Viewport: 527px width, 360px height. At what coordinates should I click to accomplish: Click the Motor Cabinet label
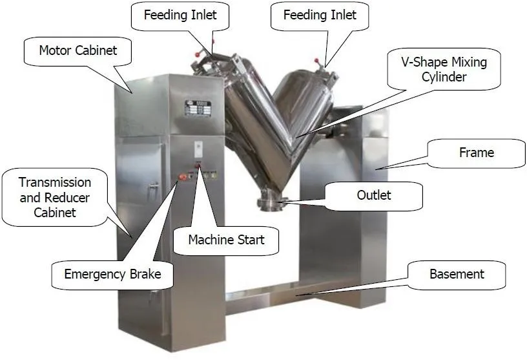pyautogui.click(x=78, y=50)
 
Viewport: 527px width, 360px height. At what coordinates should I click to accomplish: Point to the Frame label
pyautogui.click(x=477, y=153)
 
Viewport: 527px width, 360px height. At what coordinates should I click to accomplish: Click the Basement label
pyautogui.click(x=457, y=274)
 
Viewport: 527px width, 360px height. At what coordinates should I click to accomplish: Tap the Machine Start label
pyautogui.click(x=226, y=240)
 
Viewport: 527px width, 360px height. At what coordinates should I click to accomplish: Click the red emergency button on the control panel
pyautogui.click(x=183, y=175)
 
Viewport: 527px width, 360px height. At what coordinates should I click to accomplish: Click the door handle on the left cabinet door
pyautogui.click(x=153, y=187)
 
